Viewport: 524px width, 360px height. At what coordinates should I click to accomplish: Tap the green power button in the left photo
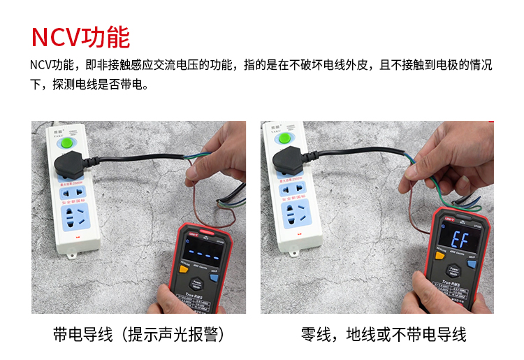click(x=68, y=144)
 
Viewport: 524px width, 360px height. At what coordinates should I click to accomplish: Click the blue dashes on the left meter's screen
click(x=201, y=253)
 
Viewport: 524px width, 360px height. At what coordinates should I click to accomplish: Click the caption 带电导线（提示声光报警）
click(x=139, y=335)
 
